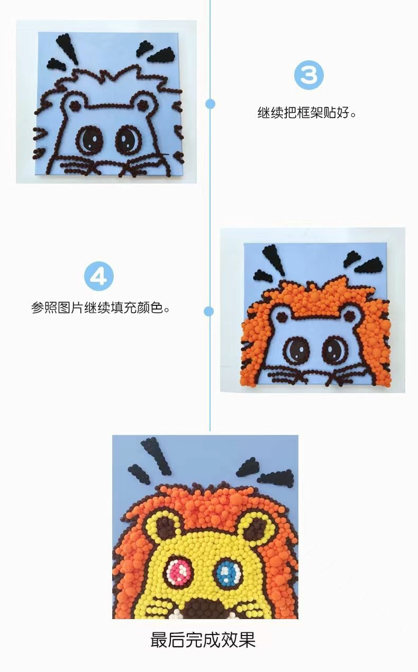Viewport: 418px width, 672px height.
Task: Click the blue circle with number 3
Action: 308,75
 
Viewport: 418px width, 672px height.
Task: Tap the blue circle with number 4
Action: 99,276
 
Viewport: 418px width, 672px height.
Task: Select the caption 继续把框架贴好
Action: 306,113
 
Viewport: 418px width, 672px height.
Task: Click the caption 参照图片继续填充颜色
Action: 101,308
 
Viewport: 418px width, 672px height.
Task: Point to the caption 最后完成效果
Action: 203,639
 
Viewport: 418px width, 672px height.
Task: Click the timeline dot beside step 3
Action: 210,104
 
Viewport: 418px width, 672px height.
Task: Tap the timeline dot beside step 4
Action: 210,311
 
